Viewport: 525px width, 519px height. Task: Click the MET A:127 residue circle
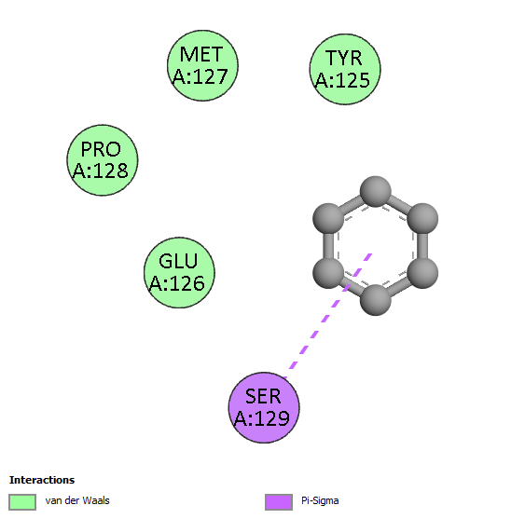202,65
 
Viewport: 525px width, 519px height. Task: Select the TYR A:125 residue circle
345,69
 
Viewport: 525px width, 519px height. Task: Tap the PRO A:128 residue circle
103,160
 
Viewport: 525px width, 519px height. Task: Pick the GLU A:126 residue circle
179,273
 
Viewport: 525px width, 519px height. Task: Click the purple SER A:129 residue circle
264,407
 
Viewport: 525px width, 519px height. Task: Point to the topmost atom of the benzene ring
376,191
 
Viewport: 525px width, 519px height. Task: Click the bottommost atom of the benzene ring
376,300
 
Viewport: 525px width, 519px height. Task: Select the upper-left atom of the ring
328,219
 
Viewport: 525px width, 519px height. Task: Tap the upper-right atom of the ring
422,219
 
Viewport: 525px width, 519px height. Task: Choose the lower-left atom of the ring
328,273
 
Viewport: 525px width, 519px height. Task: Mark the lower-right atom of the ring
422,273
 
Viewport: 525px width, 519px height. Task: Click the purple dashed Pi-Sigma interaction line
328,316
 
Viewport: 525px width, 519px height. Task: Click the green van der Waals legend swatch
22,502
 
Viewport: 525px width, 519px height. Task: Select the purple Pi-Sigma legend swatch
279,502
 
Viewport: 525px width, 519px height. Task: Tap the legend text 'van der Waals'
77,500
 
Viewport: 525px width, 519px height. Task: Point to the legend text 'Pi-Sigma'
320,501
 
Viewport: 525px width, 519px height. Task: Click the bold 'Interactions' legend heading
42,480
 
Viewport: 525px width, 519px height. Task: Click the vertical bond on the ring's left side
328,246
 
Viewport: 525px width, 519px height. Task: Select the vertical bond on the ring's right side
422,246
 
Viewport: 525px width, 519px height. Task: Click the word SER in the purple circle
263,397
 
